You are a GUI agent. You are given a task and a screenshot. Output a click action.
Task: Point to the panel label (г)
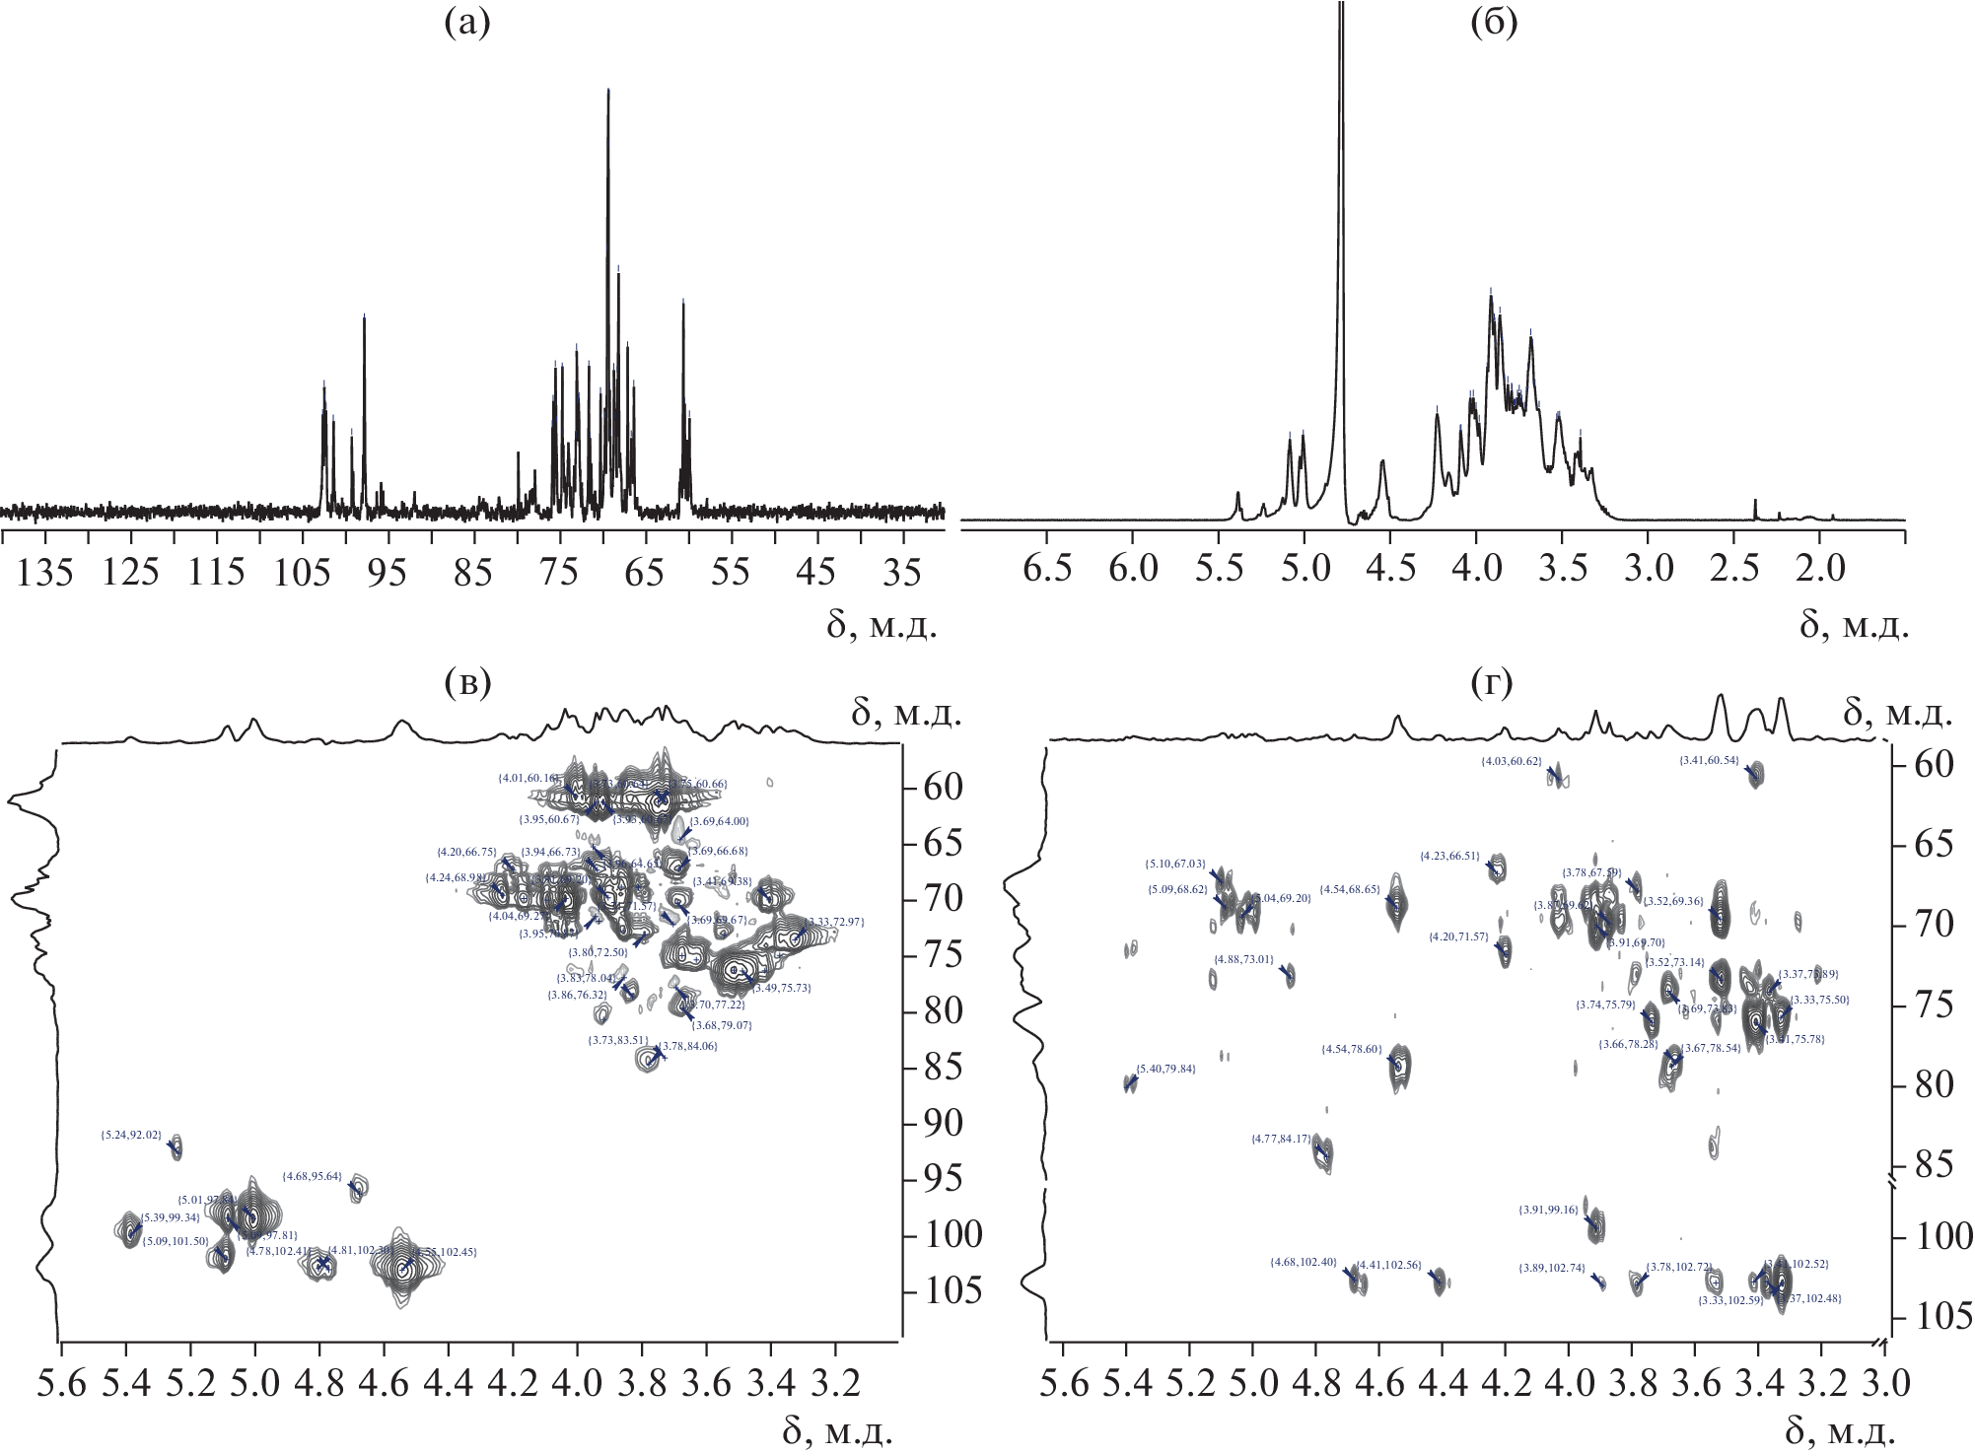[x=1491, y=682]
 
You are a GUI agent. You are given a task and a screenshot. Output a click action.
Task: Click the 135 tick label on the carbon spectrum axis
[x=49, y=572]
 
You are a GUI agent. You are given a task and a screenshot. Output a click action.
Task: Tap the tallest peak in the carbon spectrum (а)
[x=608, y=91]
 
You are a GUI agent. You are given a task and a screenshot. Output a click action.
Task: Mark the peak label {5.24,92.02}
[x=131, y=1135]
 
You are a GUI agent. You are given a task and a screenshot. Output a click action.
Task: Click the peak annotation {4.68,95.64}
[x=312, y=1176]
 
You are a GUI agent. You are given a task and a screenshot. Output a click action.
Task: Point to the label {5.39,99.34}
[x=172, y=1218]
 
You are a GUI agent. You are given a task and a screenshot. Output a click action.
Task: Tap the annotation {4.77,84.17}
[x=1282, y=1139]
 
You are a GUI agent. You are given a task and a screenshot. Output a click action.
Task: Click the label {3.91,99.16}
[x=1550, y=1210]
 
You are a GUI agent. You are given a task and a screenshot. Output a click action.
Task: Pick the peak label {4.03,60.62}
[x=1512, y=761]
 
